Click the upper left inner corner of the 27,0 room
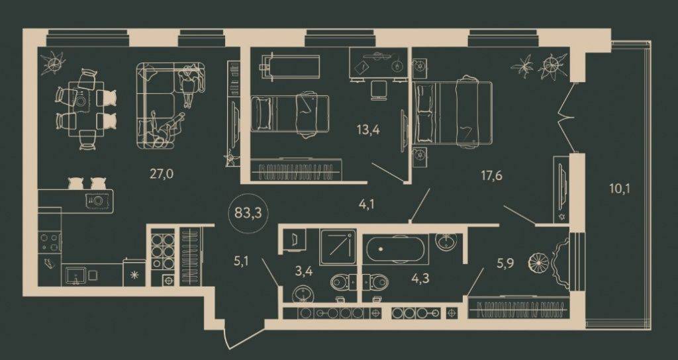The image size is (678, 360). click(38, 47)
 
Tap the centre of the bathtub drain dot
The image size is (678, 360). click(381, 249)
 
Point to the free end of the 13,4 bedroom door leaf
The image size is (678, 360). click(372, 163)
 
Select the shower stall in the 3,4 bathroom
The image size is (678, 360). click(338, 247)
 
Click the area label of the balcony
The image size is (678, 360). click(620, 189)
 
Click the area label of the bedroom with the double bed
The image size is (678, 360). click(492, 175)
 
